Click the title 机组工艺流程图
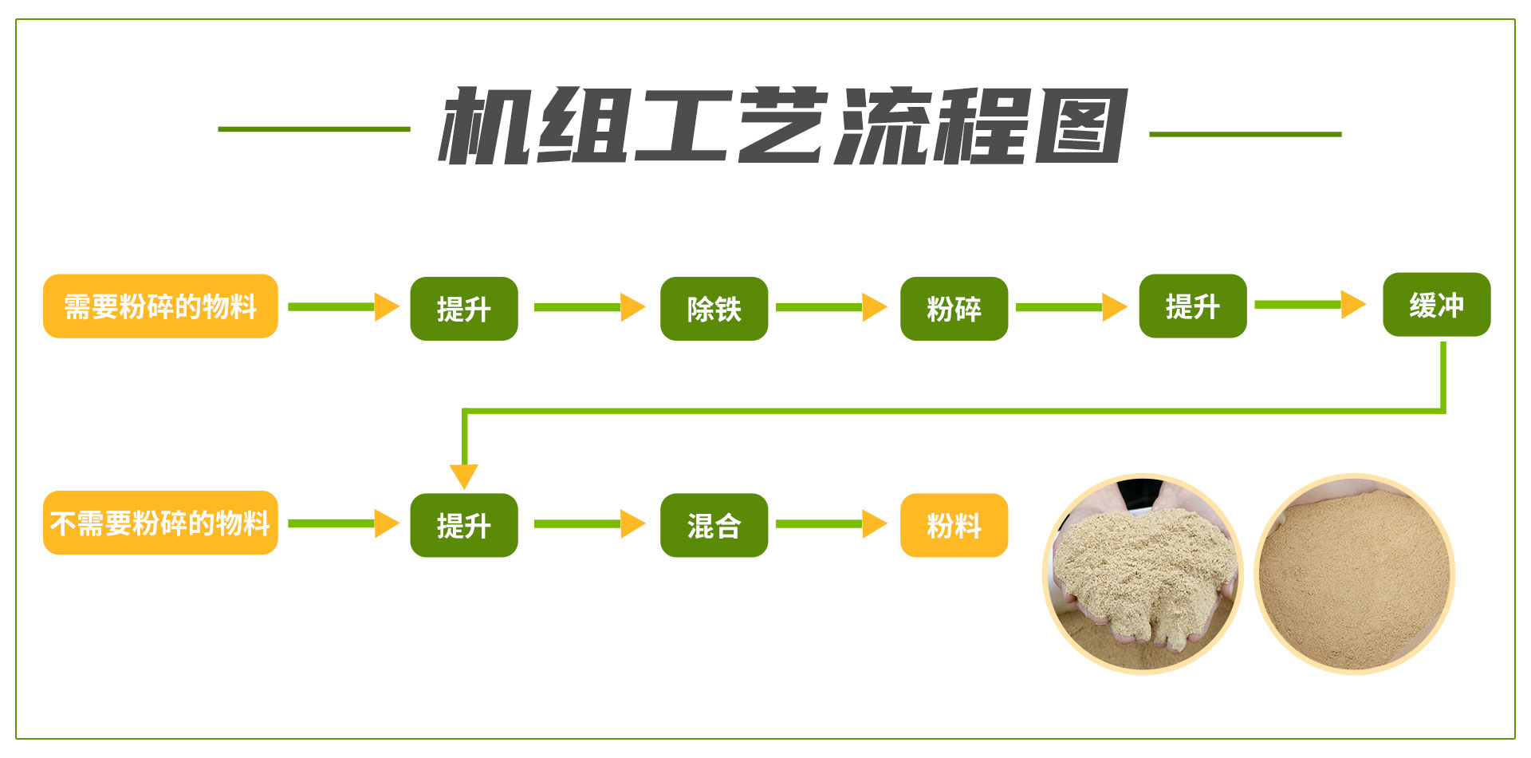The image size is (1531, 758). [x=783, y=125]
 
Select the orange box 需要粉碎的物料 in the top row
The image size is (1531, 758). [x=160, y=306]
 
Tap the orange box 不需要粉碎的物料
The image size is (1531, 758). [x=160, y=523]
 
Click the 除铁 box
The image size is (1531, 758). [x=714, y=309]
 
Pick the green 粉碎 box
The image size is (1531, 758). [x=954, y=309]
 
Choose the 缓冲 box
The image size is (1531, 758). [x=1437, y=305]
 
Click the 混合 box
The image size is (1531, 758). [x=714, y=525]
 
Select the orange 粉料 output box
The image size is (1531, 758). [x=954, y=525]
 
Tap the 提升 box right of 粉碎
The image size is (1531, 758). [x=1193, y=306]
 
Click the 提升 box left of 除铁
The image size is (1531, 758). [x=464, y=309]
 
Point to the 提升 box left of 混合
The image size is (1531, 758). [x=464, y=525]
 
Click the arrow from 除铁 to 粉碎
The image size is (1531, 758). [x=832, y=307]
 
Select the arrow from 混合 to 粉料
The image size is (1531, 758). [x=832, y=523]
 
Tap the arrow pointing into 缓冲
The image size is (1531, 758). [x=1311, y=304]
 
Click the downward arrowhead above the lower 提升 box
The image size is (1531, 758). [x=464, y=476]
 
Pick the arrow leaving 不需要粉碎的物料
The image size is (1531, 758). [x=344, y=523]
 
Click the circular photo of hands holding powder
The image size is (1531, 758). [x=1143, y=574]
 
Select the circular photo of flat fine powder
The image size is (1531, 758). [x=1355, y=574]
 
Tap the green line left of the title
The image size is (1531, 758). [x=314, y=128]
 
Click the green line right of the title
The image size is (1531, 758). [x=1246, y=134]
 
